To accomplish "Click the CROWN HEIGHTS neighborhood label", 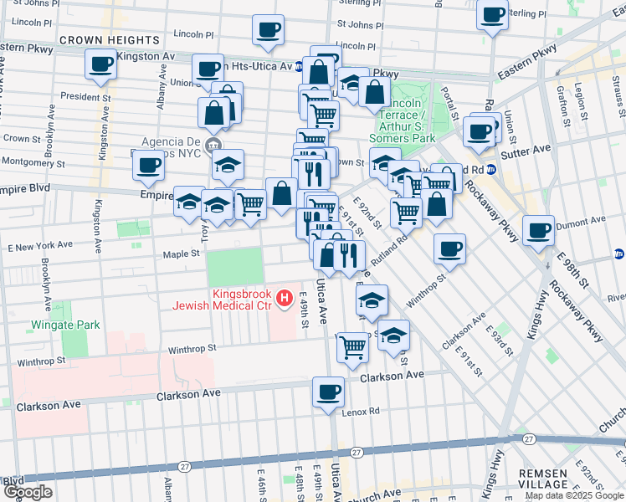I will pyautogui.click(x=109, y=40).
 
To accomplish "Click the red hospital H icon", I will pyautogui.click(x=285, y=297).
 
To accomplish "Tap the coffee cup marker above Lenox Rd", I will pyautogui.click(x=328, y=392).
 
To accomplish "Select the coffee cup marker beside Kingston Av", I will pyautogui.click(x=100, y=64).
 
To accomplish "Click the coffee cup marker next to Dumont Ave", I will pyautogui.click(x=539, y=229).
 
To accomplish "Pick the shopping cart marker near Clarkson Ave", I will pyautogui.click(x=353, y=345).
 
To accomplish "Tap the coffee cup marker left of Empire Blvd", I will pyautogui.click(x=148, y=165).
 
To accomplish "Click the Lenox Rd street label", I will pyautogui.click(x=362, y=411).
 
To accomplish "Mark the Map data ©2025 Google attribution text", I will pyautogui.click(x=572, y=495).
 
